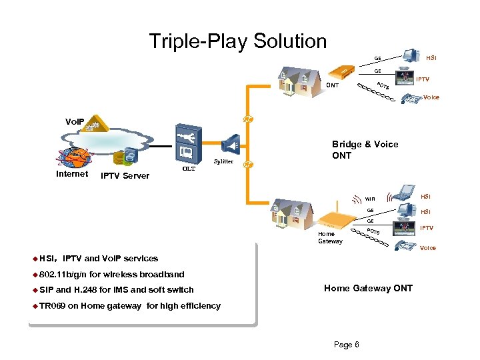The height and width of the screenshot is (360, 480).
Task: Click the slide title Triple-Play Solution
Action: click(238, 41)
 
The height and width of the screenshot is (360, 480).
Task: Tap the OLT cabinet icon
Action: click(189, 144)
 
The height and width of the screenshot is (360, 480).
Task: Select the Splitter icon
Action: click(231, 145)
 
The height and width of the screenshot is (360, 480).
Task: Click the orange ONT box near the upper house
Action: click(341, 71)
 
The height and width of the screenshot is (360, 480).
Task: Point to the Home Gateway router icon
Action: click(337, 218)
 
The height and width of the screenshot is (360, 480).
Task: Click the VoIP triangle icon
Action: click(95, 123)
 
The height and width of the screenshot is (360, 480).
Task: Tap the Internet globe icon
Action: click(73, 157)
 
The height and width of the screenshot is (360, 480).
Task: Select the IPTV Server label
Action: click(125, 176)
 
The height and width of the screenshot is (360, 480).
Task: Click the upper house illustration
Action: click(299, 82)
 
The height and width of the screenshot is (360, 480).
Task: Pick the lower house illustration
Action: click(292, 214)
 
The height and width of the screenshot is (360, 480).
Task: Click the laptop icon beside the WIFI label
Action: click(403, 193)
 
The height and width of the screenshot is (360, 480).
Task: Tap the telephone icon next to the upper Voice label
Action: click(412, 99)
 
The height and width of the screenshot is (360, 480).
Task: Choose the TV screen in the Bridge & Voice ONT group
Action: click(405, 77)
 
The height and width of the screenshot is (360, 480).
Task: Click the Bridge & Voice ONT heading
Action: click(365, 150)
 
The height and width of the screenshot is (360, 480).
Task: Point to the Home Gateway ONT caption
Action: click(368, 288)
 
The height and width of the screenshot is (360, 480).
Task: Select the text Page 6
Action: click(346, 345)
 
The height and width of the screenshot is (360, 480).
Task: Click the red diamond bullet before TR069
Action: click(35, 306)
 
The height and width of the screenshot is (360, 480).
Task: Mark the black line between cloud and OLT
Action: click(161, 146)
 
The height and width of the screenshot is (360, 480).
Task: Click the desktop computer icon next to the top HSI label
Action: click(411, 56)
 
